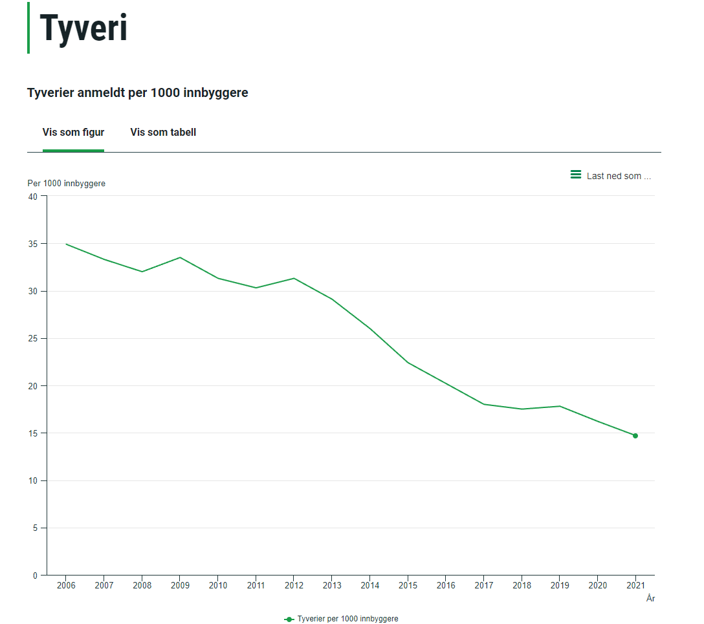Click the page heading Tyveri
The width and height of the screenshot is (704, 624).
pos(83,29)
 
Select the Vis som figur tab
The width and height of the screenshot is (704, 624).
pos(73,132)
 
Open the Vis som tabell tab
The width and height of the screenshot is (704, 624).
pos(163,132)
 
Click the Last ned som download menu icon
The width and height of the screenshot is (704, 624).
pos(575,175)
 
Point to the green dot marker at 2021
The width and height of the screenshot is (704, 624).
pos(635,436)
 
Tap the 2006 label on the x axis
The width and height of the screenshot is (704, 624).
pos(66,586)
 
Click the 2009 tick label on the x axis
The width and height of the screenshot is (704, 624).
pos(180,586)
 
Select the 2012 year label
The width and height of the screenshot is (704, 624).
pos(294,586)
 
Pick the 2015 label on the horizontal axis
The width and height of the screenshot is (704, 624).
pos(408,586)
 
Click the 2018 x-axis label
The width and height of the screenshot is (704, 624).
pos(522,586)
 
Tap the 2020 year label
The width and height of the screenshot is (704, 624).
pos(597,586)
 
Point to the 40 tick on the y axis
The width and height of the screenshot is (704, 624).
pos(33,196)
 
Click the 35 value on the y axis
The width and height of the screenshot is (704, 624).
pos(33,244)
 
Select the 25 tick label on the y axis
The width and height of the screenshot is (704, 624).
pos(33,338)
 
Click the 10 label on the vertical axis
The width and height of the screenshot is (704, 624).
pos(33,480)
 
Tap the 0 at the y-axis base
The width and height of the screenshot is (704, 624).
pos(36,576)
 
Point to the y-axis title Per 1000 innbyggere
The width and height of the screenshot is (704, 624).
pos(66,184)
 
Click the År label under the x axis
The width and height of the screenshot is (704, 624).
pos(650,599)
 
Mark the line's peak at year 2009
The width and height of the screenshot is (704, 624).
pos(180,257)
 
